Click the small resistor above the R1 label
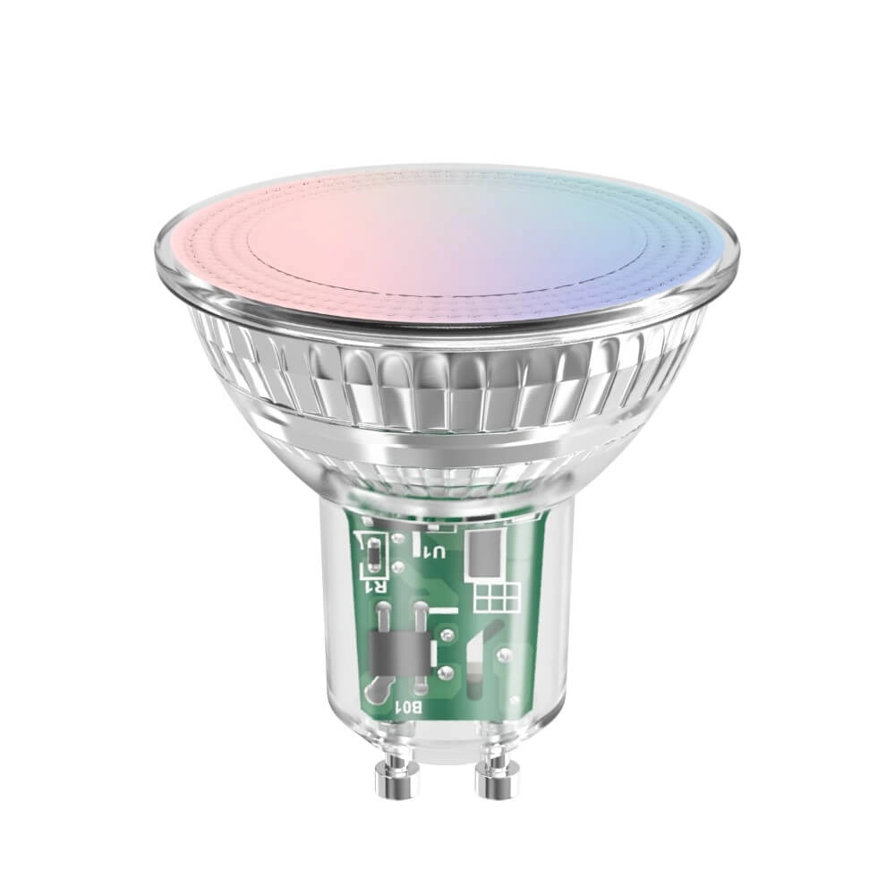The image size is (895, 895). click(371, 555)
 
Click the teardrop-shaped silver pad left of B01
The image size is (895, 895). click(380, 685)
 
